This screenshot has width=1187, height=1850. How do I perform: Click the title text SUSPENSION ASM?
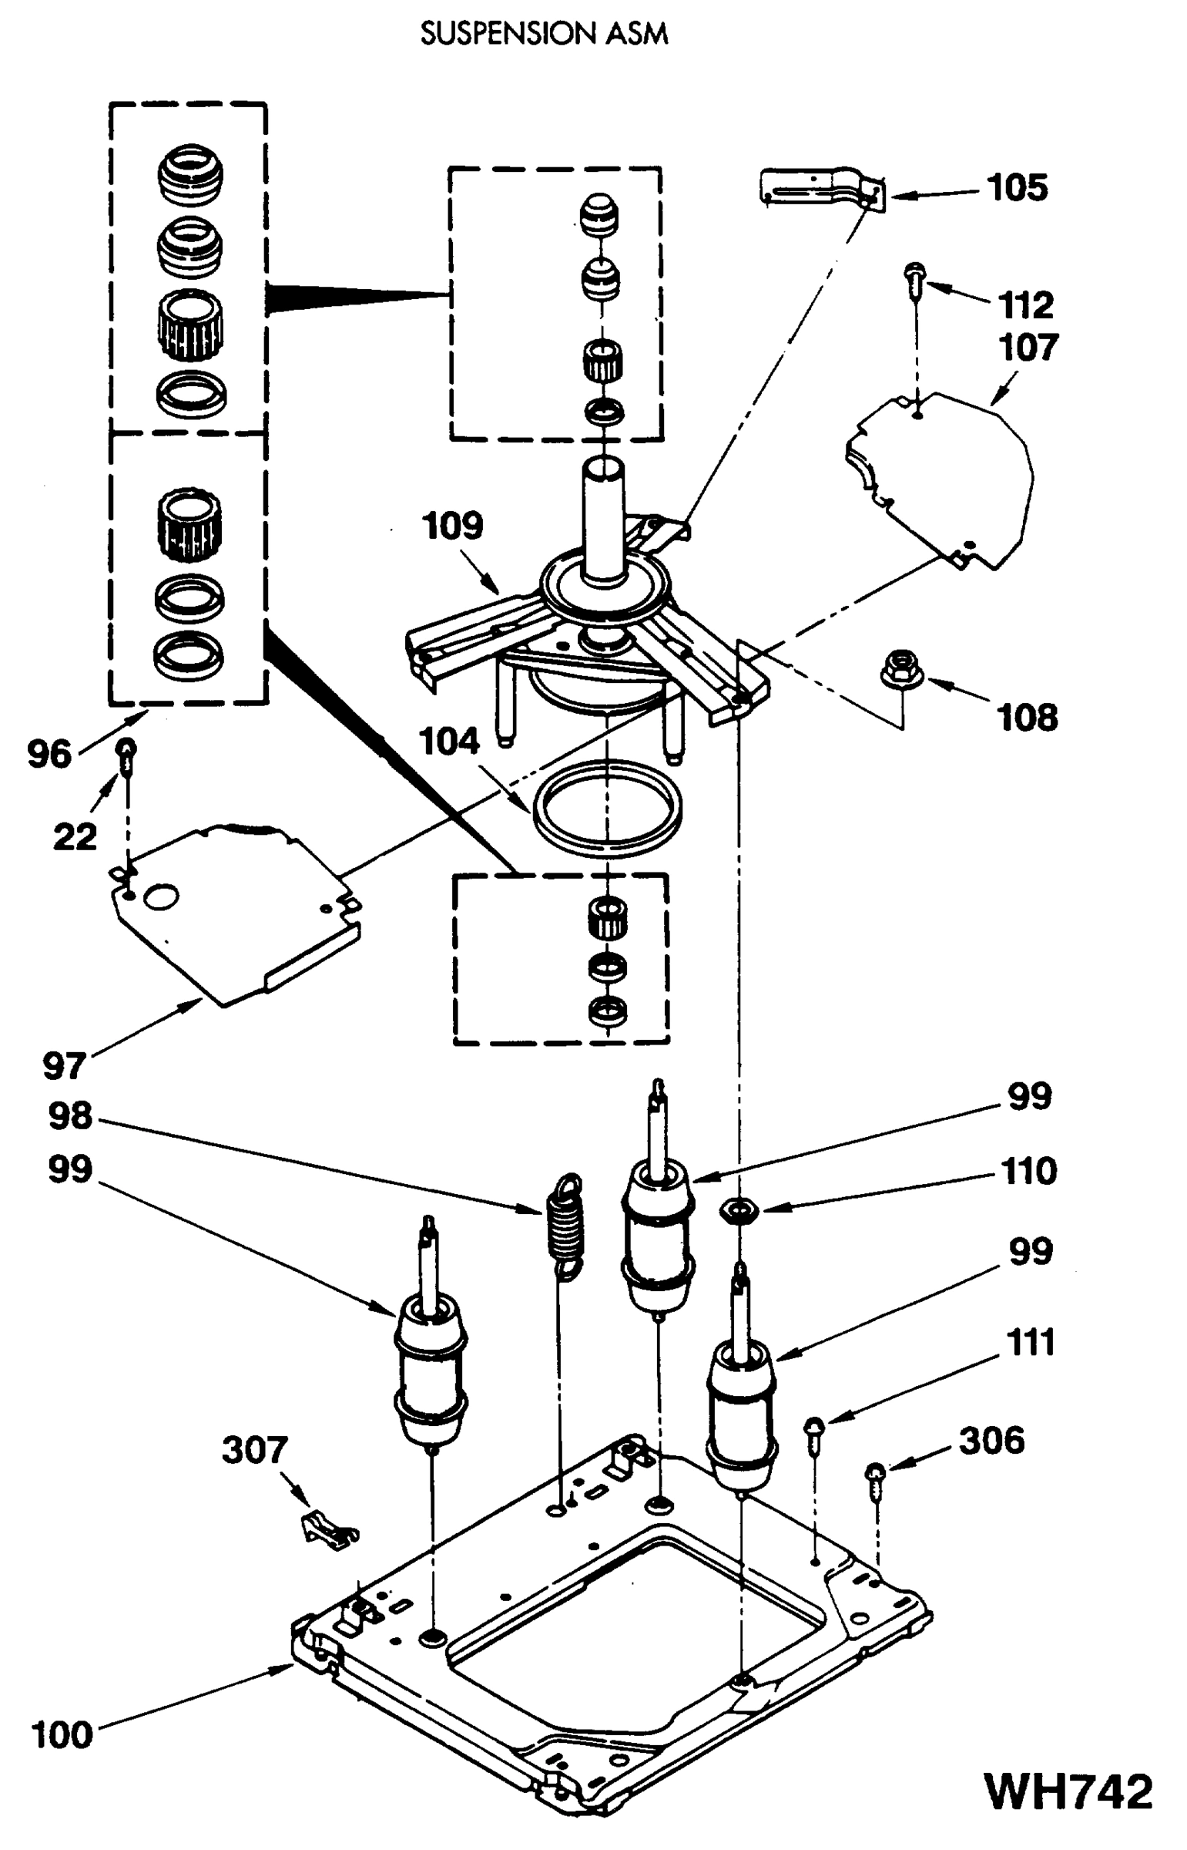543,34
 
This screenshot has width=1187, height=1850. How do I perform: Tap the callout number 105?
1018,187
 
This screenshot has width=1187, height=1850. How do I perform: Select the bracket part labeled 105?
821,187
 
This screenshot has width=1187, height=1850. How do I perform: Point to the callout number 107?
1028,348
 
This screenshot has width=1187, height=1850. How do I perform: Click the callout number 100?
62,1735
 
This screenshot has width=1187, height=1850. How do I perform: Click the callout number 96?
49,754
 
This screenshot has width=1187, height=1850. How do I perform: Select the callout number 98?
70,1116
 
